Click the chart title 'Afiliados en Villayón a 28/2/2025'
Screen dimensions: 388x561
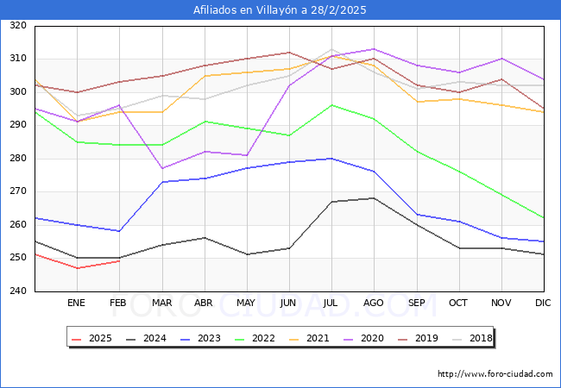pos(280,10)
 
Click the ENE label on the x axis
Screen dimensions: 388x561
pos(77,303)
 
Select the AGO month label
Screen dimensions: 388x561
pos(374,303)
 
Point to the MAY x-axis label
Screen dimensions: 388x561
pos(246,303)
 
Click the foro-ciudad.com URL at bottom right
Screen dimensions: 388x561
pos(495,374)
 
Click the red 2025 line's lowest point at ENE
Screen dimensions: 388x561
pos(77,268)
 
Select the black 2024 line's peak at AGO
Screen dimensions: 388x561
pos(374,198)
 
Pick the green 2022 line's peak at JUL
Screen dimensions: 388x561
pos(331,105)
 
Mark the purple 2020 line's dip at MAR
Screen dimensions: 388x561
pos(161,168)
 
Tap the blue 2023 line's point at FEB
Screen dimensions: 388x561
pos(119,231)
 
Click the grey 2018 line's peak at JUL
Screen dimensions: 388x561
pos(331,49)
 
